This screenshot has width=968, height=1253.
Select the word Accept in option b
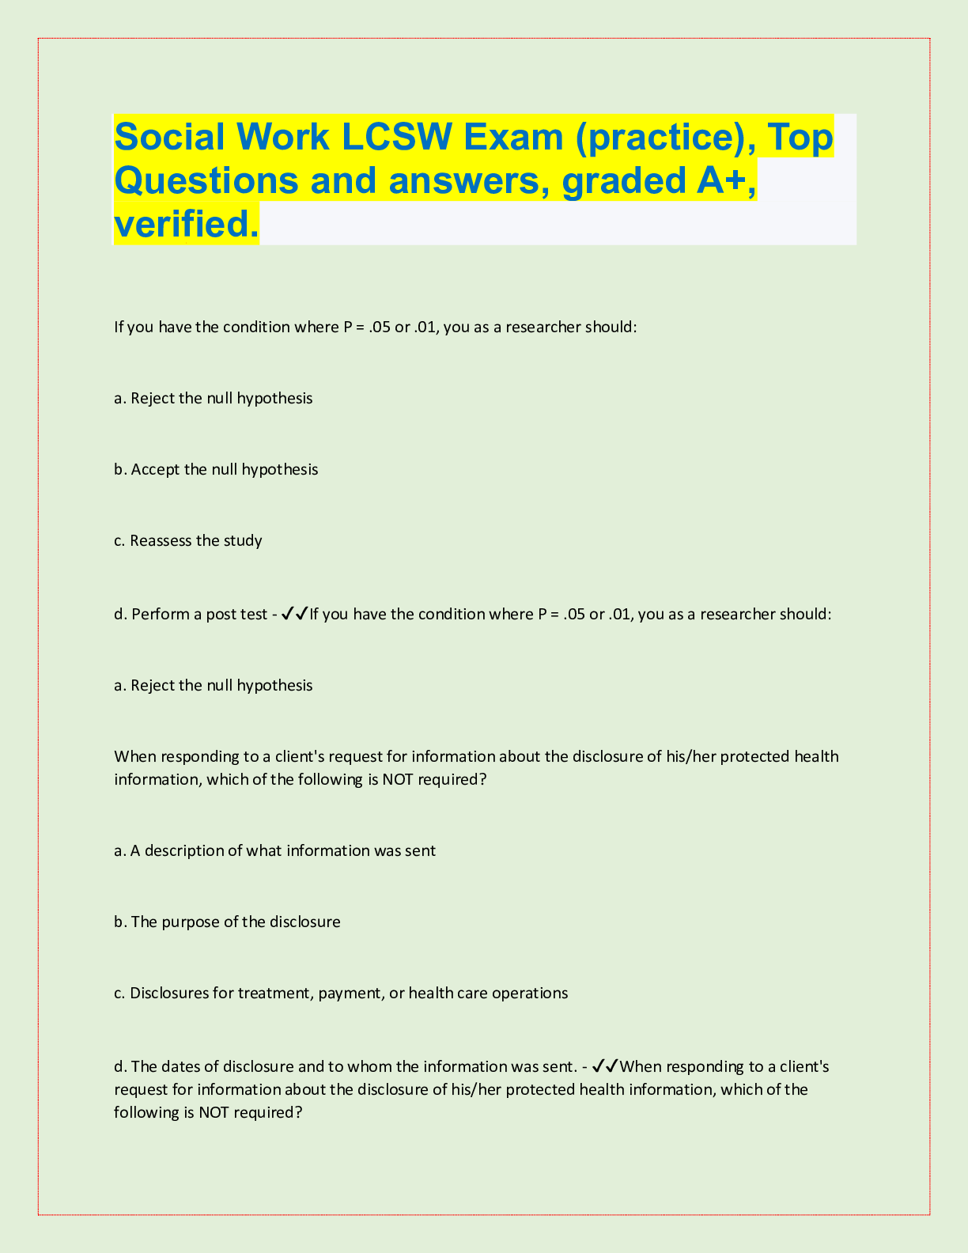point(156,470)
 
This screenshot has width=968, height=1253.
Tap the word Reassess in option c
point(161,541)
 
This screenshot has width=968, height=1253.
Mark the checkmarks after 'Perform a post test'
point(294,614)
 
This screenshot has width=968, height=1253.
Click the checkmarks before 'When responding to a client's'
point(605,1066)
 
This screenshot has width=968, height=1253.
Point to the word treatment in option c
point(275,994)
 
